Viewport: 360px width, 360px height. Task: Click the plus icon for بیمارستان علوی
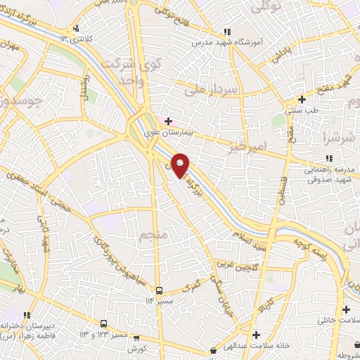coord(168,121)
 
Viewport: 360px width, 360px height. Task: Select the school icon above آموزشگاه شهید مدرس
coord(226,32)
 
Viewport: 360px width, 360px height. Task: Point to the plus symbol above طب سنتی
coord(302,99)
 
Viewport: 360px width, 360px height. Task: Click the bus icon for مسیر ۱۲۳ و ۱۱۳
coord(104,323)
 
